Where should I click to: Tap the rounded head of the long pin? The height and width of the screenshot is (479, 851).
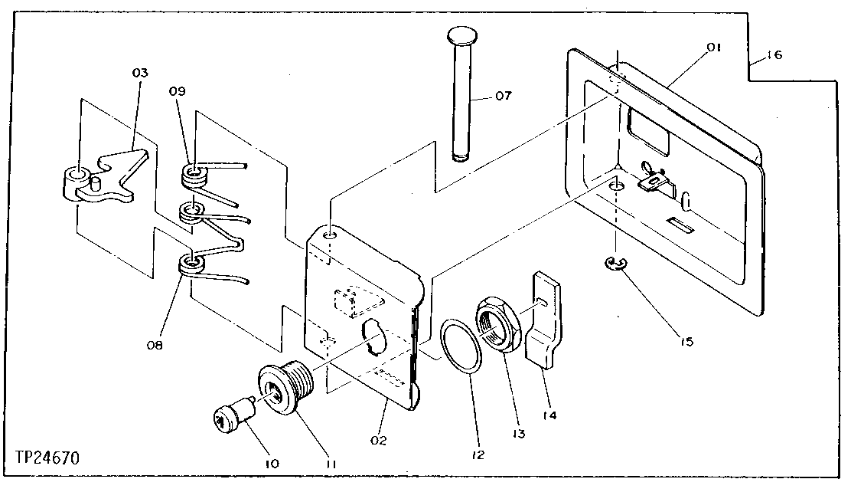pyautogui.click(x=460, y=35)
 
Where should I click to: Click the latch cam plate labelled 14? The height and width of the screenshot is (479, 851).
pyautogui.click(x=545, y=322)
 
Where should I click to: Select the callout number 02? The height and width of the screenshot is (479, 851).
pyautogui.click(x=378, y=440)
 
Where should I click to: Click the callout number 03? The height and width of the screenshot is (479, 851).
pyautogui.click(x=139, y=73)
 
